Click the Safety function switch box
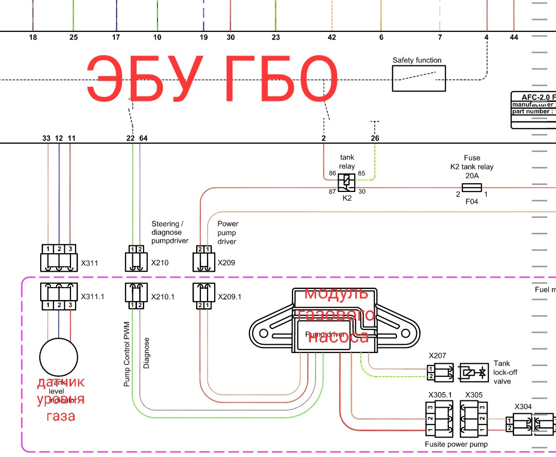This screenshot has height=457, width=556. (x=419, y=78)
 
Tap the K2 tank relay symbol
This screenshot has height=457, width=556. (x=346, y=182)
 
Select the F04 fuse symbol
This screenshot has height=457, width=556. (x=472, y=188)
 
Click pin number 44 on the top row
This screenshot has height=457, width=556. (x=514, y=37)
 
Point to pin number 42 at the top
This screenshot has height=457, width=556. (x=332, y=37)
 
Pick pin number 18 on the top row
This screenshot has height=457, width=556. (x=33, y=37)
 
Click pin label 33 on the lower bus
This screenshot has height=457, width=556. (x=46, y=138)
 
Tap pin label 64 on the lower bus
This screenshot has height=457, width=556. (x=143, y=138)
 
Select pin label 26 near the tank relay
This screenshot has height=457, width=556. (x=375, y=138)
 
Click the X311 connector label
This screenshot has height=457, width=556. (x=89, y=263)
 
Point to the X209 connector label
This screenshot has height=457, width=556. (x=226, y=263)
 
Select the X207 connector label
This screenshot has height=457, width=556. (x=437, y=356)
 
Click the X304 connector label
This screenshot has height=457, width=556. (x=523, y=407)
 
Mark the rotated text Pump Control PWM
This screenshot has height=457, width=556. (x=127, y=355)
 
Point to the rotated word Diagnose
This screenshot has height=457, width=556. (x=146, y=353)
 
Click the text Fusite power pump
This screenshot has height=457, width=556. (x=456, y=444)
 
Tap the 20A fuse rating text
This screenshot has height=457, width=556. (x=472, y=175)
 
